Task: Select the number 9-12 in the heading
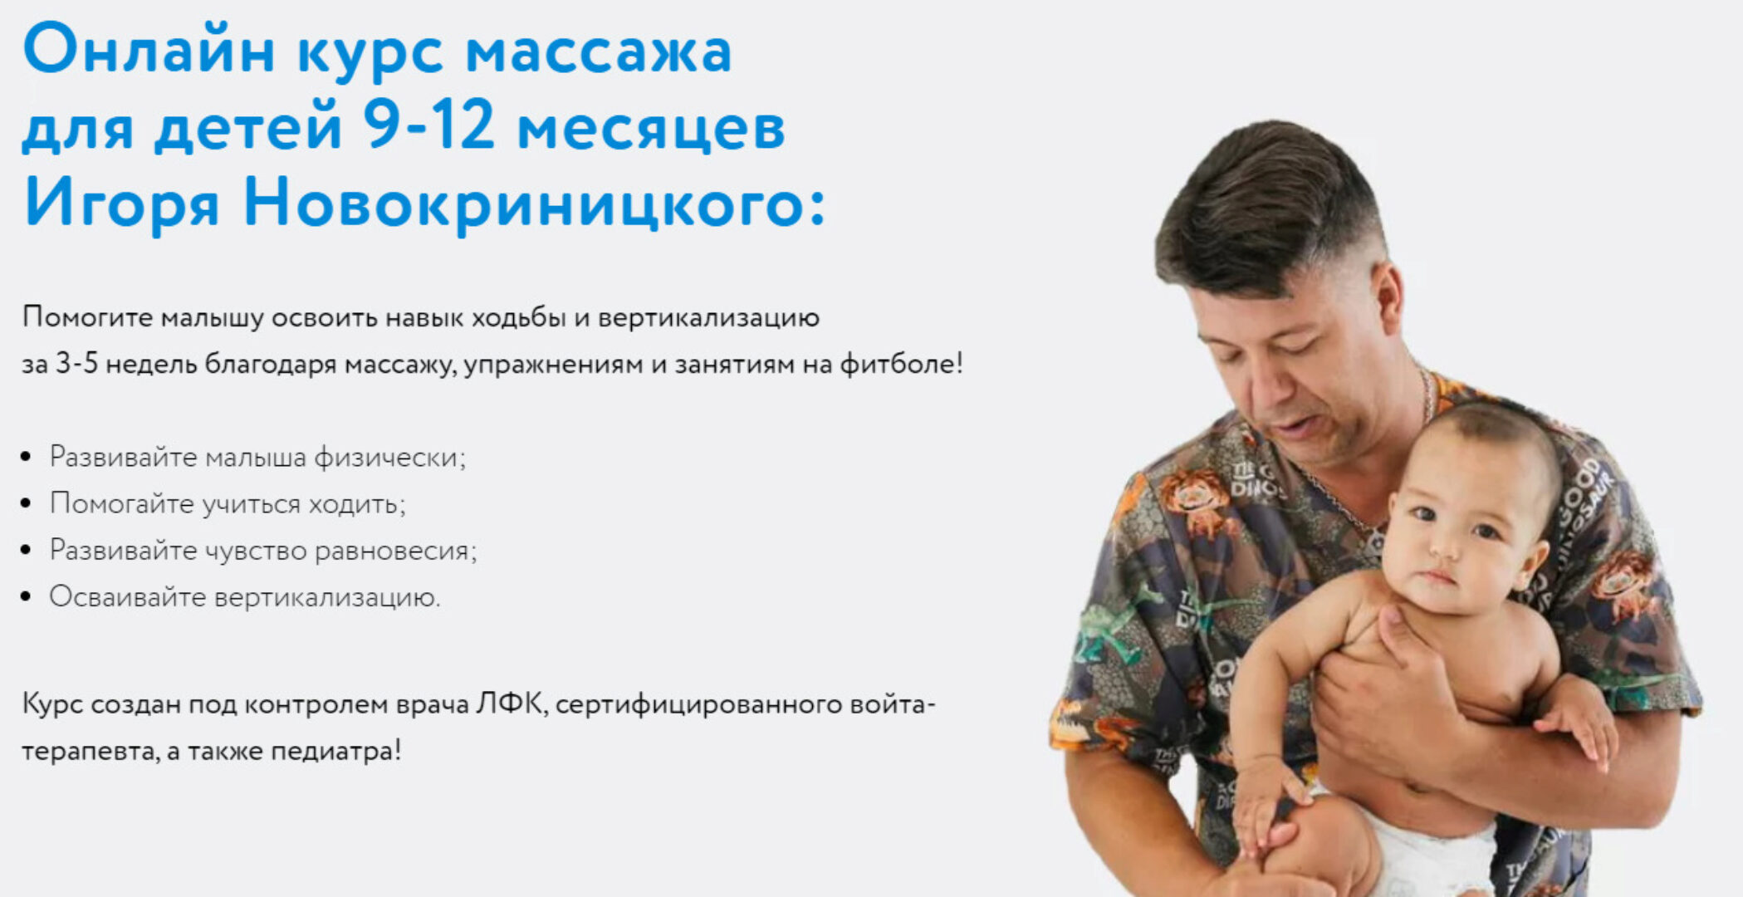[428, 127]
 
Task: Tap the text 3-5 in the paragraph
[76, 364]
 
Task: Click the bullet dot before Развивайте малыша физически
[27, 457]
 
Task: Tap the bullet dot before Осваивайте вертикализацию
[27, 596]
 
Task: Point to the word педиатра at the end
[335, 751]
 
